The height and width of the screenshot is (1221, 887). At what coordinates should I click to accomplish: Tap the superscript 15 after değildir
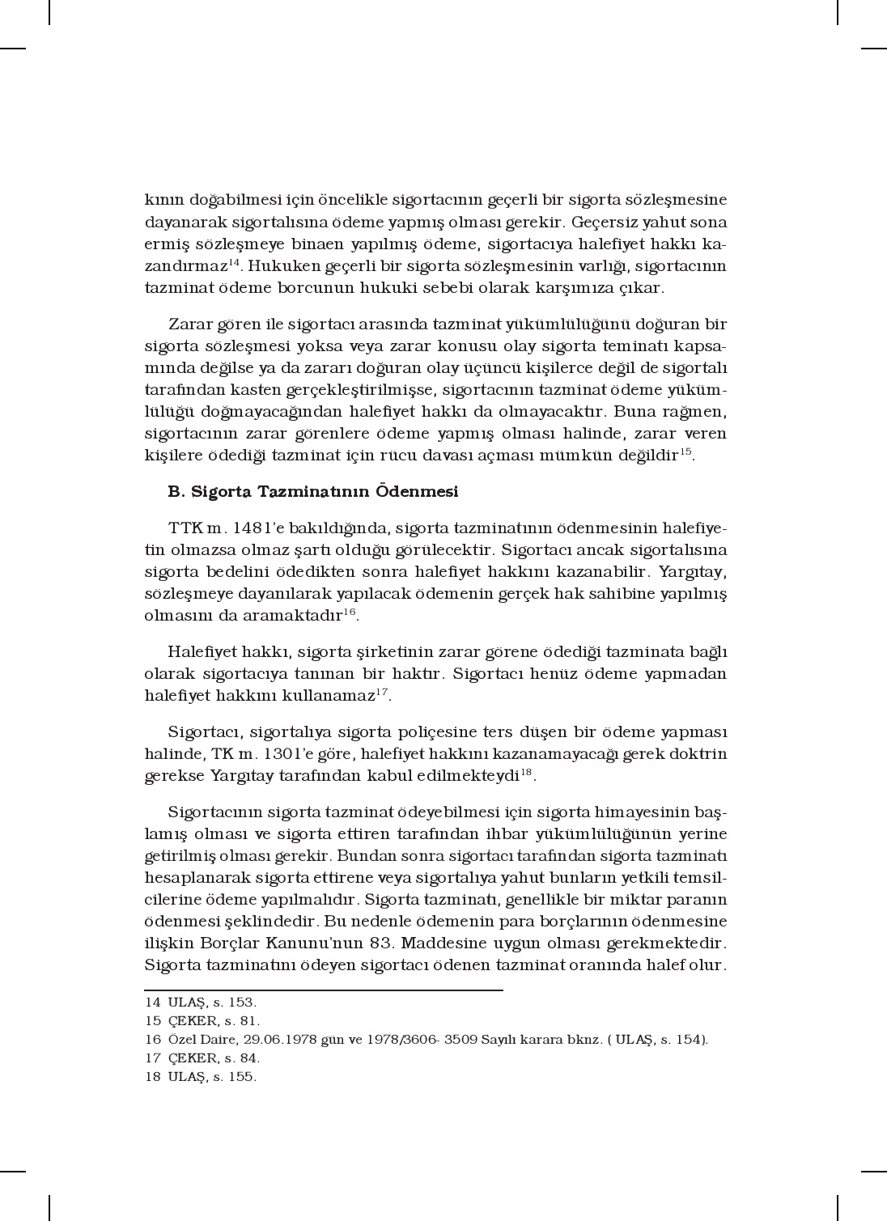685,452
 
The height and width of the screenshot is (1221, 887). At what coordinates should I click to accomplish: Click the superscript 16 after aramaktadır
349,612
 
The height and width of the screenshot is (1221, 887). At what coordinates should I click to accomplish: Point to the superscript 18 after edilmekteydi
527,772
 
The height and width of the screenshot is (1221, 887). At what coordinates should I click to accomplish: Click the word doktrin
696,754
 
